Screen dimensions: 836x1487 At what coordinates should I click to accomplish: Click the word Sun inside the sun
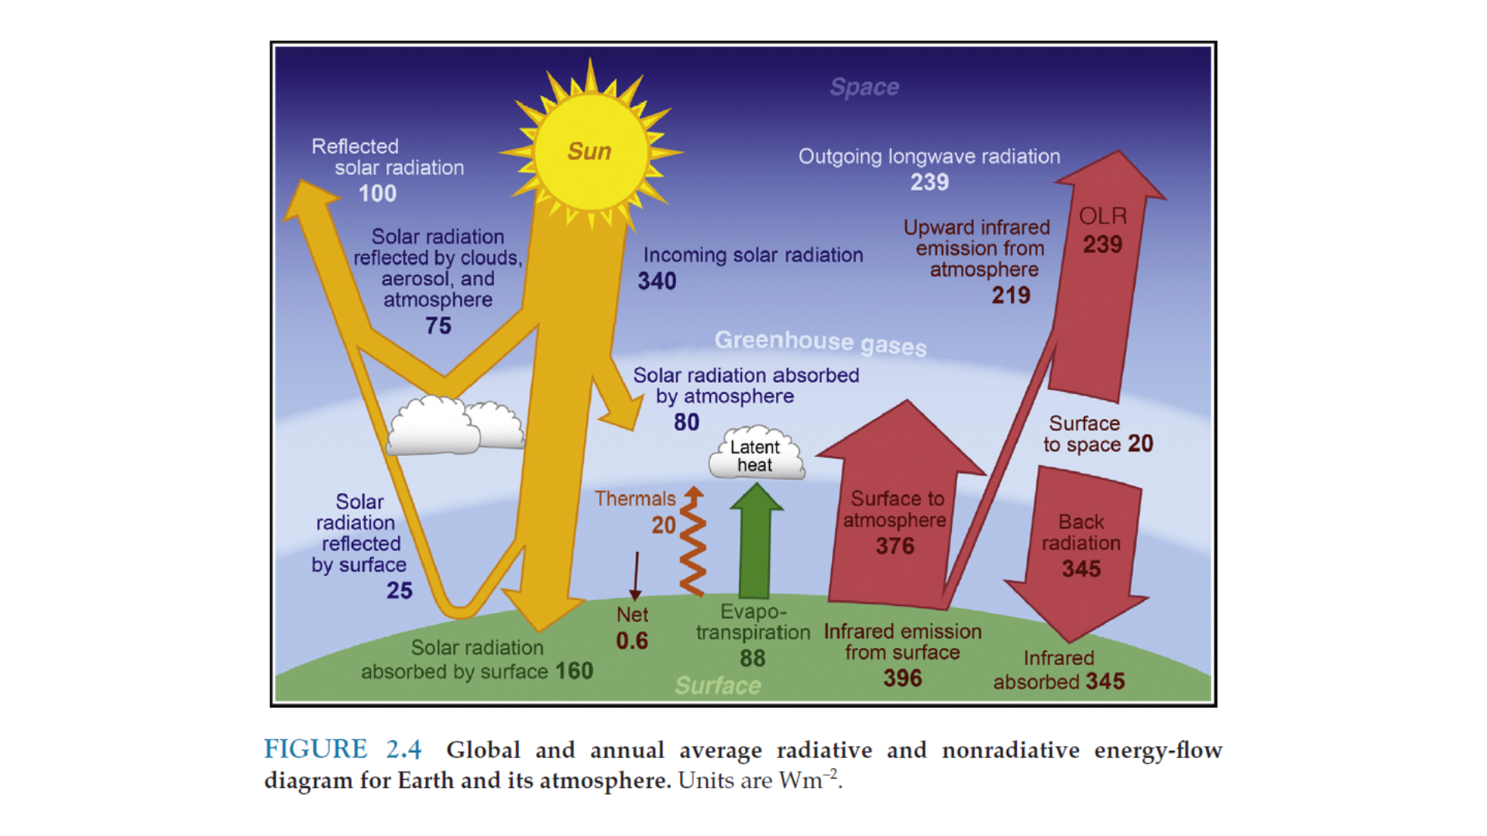coord(589,151)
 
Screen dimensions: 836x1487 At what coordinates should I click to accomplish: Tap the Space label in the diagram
coord(864,87)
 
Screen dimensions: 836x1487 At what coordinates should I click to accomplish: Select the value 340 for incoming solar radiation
coord(657,281)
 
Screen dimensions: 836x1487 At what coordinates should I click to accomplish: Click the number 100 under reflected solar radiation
coord(377,194)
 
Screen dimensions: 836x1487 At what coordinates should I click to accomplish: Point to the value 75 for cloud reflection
coord(438,326)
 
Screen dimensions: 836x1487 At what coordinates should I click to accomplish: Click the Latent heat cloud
coord(755,456)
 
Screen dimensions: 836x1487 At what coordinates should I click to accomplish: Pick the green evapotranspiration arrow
coord(756,542)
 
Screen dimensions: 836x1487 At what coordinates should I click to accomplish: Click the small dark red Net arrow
coord(636,577)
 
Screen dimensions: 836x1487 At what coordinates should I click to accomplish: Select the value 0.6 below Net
coord(632,641)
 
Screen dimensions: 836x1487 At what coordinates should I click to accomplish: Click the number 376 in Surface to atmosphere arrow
coord(895,546)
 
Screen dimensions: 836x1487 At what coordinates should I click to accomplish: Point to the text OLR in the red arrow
coord(1103,216)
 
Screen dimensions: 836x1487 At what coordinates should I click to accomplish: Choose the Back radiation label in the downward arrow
coord(1081,533)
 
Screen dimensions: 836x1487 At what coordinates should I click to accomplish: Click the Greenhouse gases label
coord(820,342)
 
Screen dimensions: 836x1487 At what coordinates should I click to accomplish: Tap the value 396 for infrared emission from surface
coord(902,679)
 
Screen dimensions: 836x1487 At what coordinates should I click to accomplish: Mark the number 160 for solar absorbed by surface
coord(573,671)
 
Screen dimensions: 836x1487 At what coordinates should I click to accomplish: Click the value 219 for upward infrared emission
coord(1011,296)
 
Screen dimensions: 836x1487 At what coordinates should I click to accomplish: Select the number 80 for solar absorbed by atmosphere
coord(686,423)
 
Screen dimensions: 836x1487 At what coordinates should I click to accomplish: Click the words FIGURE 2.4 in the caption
coord(342,749)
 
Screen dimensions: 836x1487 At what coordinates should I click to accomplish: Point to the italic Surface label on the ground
coord(718,686)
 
